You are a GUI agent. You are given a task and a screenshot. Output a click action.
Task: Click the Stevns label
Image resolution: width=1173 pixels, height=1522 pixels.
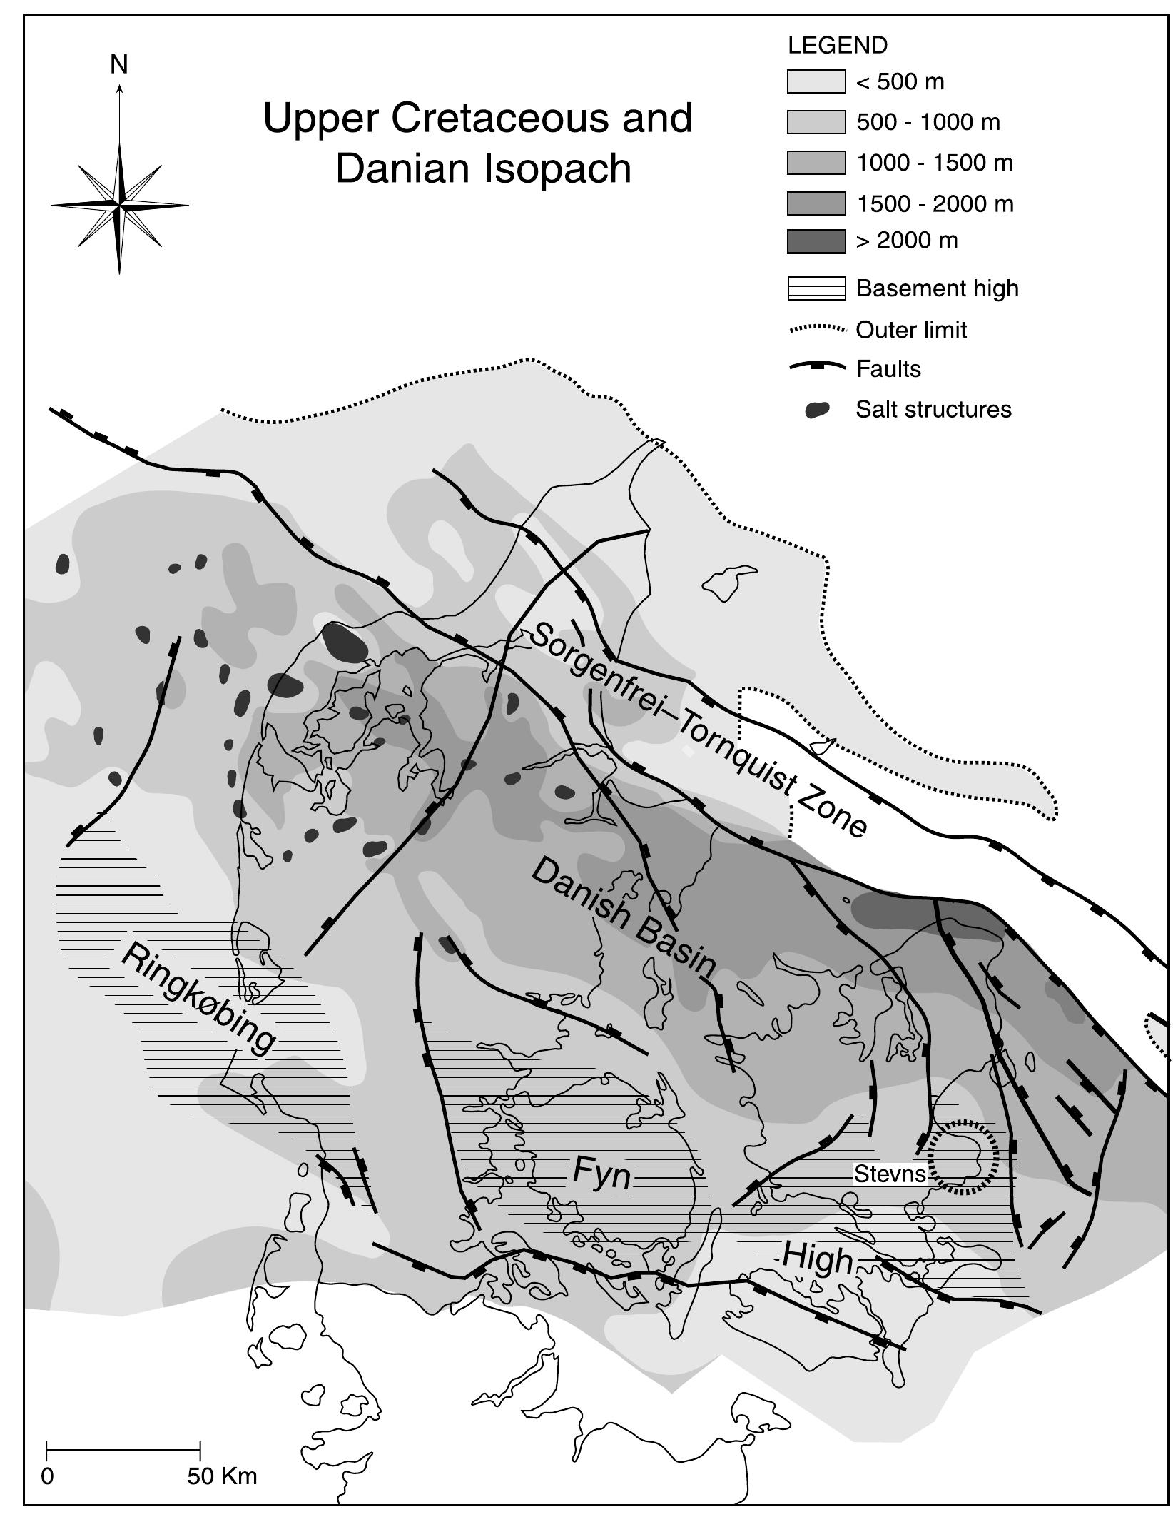(x=890, y=1174)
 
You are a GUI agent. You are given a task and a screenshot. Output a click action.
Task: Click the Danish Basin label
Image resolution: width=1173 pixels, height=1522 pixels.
(x=623, y=917)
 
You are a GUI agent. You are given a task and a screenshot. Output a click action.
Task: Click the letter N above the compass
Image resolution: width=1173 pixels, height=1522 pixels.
(x=119, y=65)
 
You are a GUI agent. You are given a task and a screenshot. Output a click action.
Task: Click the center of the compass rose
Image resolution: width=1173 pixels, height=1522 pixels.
(x=120, y=206)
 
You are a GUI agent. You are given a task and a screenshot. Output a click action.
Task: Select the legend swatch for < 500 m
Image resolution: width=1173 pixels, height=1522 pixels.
(x=816, y=81)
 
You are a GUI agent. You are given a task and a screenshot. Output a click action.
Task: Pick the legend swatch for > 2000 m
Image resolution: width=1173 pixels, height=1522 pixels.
(x=816, y=241)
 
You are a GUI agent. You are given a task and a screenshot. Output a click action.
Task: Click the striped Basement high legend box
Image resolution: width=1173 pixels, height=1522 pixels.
(x=816, y=288)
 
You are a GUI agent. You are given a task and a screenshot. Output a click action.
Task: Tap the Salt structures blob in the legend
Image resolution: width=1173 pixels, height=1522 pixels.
(x=817, y=410)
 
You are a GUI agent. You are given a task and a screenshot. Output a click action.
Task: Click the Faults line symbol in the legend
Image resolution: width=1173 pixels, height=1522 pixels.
(x=817, y=367)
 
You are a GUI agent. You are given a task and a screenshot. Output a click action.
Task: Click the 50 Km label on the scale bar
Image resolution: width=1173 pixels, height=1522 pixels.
(x=222, y=1476)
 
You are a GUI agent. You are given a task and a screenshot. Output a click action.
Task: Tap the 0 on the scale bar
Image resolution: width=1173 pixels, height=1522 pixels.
(x=47, y=1476)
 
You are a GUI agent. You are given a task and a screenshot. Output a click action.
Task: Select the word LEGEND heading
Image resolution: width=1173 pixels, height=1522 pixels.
(x=837, y=46)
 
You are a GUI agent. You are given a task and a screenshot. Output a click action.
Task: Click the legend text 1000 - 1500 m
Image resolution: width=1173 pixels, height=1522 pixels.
(x=934, y=163)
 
